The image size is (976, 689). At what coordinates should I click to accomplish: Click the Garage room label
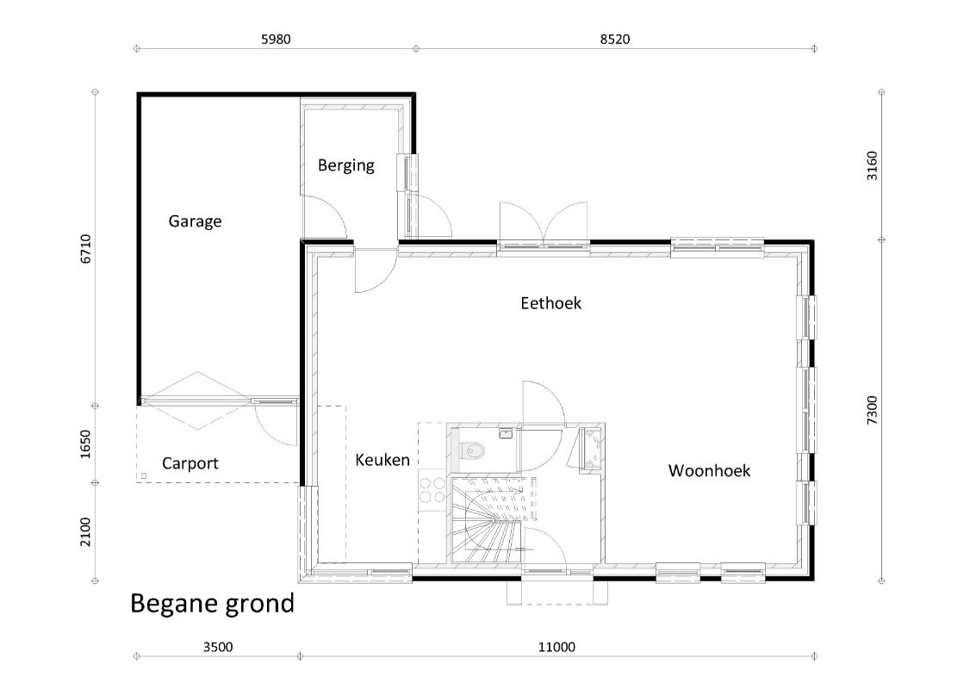point(195,221)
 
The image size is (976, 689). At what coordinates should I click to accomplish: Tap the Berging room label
point(346,165)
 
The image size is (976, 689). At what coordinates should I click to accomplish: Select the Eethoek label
point(550,303)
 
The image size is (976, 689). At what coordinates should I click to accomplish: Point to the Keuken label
point(382,460)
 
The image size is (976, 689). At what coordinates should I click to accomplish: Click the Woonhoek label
point(709,470)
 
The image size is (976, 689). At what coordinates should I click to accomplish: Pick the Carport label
point(190,463)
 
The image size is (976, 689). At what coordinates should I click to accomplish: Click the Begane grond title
point(212,604)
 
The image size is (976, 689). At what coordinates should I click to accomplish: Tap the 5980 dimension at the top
point(276,40)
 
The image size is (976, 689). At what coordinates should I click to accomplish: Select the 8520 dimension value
point(615,40)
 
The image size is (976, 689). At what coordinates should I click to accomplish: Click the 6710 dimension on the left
point(86,249)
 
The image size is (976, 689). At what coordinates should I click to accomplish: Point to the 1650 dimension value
point(86,444)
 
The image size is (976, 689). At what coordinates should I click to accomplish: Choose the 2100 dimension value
point(86,532)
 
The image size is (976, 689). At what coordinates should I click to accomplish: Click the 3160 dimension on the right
point(872,165)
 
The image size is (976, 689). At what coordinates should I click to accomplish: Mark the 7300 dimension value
point(872,410)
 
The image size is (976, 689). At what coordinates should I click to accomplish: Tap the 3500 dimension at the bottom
point(218,648)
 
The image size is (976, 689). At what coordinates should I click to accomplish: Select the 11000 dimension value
point(556,648)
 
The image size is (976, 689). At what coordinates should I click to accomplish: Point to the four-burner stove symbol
point(432,489)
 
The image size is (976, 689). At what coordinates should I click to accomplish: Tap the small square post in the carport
point(144,476)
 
